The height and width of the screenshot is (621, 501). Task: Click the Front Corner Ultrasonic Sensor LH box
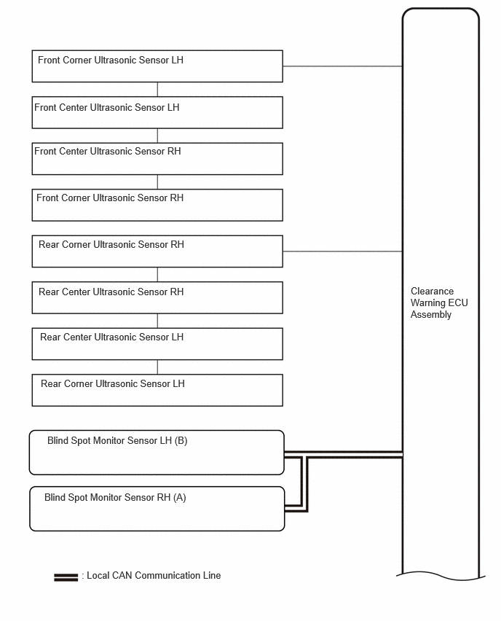click(157, 66)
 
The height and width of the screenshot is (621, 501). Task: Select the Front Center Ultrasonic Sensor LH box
click(157, 112)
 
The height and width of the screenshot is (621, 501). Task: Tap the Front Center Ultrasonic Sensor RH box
click(157, 159)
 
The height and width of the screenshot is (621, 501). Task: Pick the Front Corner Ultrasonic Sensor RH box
click(157, 205)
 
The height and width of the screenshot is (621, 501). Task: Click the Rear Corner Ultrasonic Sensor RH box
click(157, 251)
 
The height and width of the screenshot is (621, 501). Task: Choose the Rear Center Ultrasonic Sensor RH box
click(157, 298)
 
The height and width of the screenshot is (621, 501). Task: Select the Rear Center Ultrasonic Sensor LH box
click(157, 344)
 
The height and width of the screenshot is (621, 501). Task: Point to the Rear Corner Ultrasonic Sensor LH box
click(157, 391)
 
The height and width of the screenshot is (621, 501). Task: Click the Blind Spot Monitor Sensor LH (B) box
click(157, 453)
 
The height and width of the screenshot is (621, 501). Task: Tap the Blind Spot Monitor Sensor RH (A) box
click(157, 509)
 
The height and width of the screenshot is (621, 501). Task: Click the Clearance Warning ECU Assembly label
click(439, 303)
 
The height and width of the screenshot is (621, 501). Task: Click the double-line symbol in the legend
click(66, 577)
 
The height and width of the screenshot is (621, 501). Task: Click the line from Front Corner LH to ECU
click(343, 66)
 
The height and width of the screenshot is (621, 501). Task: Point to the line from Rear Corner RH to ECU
click(343, 251)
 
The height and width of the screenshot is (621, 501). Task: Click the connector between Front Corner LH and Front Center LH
click(157, 90)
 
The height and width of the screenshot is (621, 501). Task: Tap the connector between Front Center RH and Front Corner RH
click(157, 182)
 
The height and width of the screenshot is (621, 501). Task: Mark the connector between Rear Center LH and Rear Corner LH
click(157, 367)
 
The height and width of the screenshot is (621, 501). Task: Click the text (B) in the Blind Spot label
click(181, 441)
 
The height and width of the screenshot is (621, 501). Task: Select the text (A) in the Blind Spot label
click(180, 497)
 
